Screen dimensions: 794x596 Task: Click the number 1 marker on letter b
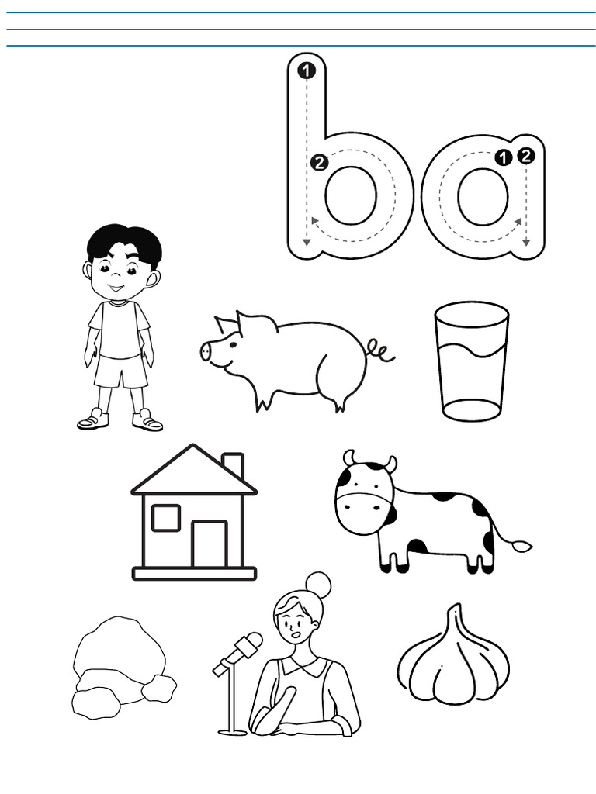(x=307, y=71)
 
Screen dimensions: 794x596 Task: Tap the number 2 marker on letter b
(x=318, y=163)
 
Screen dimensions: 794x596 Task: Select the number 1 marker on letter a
(x=504, y=157)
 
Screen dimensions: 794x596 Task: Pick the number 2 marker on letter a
(x=526, y=156)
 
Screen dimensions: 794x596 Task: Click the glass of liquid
(x=471, y=361)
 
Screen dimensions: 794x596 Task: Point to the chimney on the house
(x=233, y=465)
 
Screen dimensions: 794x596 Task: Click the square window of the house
(x=165, y=517)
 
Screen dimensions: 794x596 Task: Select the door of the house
(x=209, y=544)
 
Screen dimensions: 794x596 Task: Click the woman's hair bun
(x=317, y=584)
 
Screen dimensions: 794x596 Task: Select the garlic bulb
(x=453, y=659)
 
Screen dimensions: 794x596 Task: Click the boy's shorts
(x=121, y=371)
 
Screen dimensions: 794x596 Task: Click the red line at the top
(x=298, y=29)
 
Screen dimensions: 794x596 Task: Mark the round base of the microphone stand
(x=232, y=731)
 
